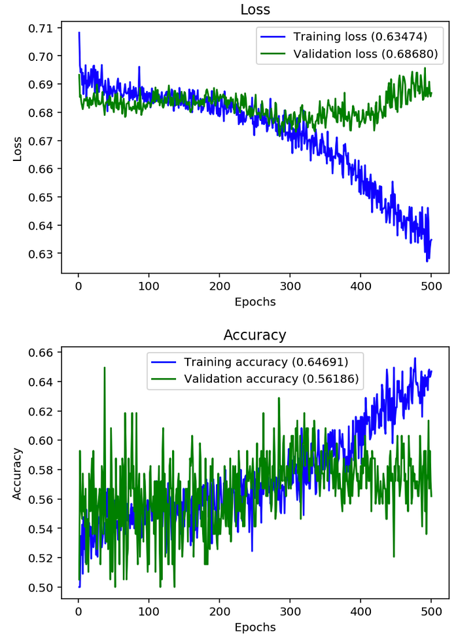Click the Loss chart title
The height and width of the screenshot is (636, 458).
(x=255, y=10)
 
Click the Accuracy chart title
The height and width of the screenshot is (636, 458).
(x=255, y=335)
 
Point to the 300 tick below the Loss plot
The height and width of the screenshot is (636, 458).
(x=290, y=285)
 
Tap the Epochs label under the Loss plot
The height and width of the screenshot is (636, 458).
(x=255, y=302)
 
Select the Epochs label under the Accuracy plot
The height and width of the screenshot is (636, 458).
(x=255, y=627)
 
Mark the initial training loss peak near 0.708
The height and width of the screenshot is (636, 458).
(x=79, y=33)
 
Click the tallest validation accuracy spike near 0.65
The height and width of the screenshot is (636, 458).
(x=105, y=368)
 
